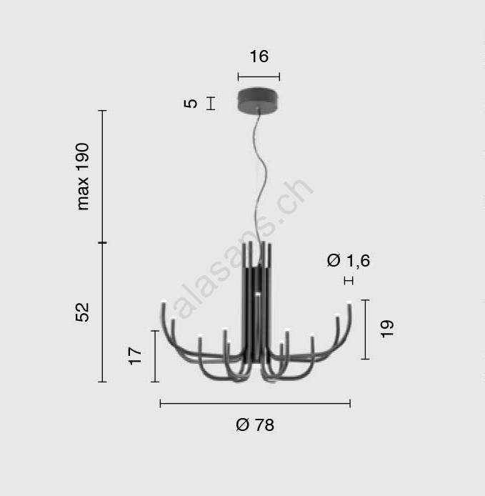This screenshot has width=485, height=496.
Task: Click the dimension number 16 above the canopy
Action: pyautogui.click(x=259, y=56)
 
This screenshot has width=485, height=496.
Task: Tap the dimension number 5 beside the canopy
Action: pyautogui.click(x=191, y=104)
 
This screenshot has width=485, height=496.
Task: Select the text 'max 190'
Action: pyautogui.click(x=83, y=177)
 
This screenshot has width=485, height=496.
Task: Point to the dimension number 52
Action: pyautogui.click(x=83, y=312)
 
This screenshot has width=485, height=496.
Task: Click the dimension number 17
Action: pyautogui.click(x=135, y=356)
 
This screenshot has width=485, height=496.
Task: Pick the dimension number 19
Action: pyautogui.click(x=387, y=329)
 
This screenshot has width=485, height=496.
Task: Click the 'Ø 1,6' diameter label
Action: pyautogui.click(x=349, y=261)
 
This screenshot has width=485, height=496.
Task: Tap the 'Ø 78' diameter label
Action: pyautogui.click(x=255, y=425)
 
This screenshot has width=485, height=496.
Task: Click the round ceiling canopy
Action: pyautogui.click(x=259, y=99)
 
